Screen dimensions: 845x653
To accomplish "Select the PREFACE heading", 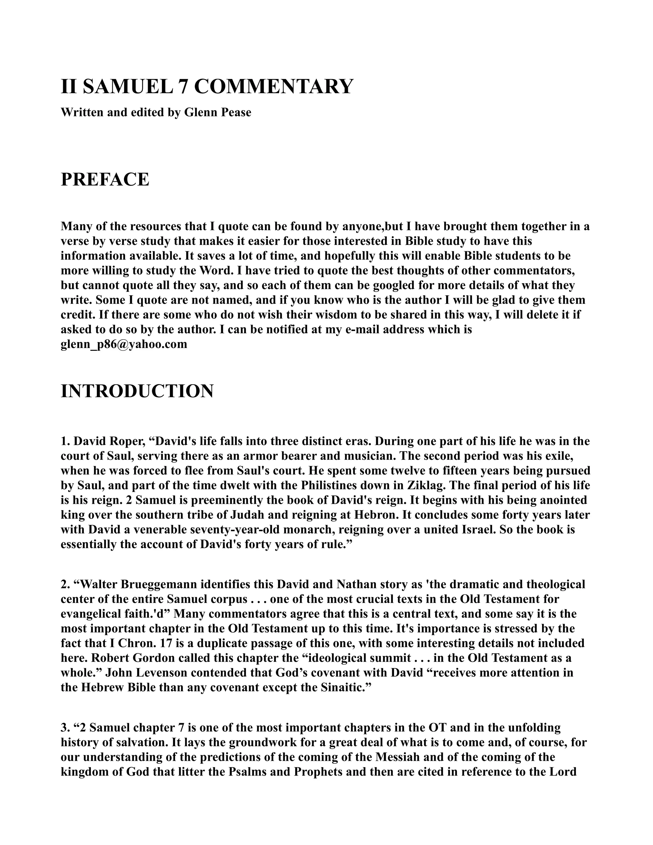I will pyautogui.click(x=105, y=180).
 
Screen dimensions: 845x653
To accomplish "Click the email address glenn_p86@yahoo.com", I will pyautogui.click(x=124, y=344).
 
